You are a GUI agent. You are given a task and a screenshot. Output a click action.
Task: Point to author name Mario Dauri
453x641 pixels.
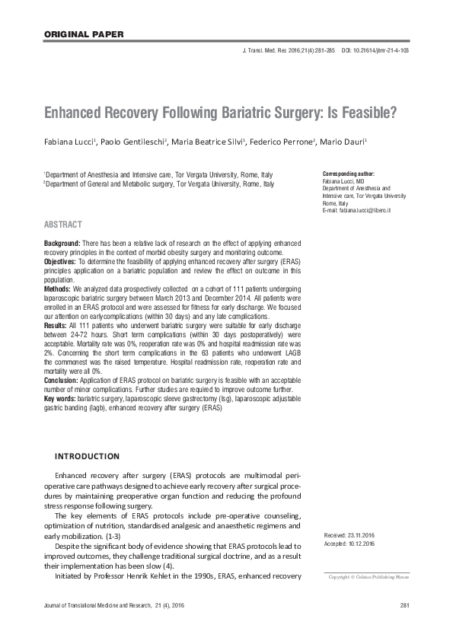coord(344,142)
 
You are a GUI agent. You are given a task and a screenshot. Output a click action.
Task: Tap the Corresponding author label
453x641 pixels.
coord(349,174)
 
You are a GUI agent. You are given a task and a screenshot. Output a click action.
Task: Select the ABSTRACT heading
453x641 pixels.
coord(63,225)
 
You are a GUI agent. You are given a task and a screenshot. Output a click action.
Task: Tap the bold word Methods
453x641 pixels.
coord(57,289)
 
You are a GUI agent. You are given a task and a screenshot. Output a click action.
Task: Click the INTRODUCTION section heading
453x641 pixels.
coord(87,456)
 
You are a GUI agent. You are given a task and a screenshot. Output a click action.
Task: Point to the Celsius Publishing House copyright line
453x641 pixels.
coord(368,577)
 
